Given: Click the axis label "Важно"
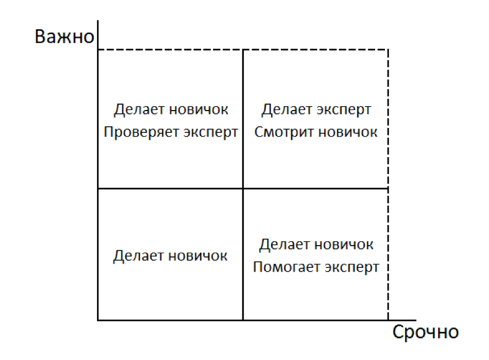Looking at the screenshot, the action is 64,37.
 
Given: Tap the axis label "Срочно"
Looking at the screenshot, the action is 425,332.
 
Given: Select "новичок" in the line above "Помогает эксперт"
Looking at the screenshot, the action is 344,245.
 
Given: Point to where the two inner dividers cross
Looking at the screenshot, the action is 243,188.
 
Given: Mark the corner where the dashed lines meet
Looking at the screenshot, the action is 388,50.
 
